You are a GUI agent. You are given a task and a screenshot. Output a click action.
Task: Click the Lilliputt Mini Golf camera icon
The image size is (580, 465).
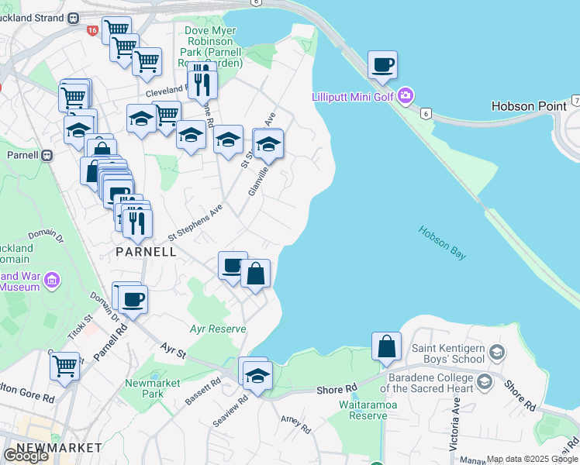point(406,96)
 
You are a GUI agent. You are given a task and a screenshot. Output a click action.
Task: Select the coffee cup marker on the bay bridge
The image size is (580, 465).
point(381,65)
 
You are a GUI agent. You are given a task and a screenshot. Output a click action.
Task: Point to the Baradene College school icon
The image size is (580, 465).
point(485,381)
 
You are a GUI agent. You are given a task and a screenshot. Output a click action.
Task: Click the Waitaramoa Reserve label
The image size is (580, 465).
point(363,410)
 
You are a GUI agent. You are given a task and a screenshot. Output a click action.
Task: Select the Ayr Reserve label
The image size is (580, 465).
point(218,329)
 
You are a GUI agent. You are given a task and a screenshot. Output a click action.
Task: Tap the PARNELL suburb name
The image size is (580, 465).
point(146,252)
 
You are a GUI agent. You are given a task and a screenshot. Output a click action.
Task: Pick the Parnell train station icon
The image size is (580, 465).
point(47,154)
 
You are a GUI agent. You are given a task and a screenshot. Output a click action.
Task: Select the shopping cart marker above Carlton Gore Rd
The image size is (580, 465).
point(65,365)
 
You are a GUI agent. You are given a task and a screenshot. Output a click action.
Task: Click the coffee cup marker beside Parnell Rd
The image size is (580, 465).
point(133,298)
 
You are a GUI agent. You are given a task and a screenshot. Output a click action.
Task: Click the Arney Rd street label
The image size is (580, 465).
point(295,425)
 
